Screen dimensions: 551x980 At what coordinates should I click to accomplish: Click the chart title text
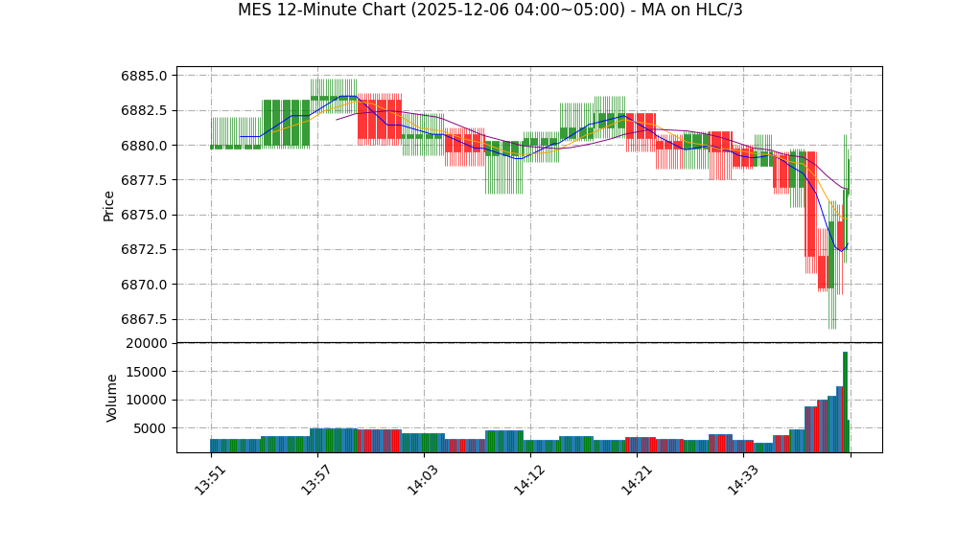pyautogui.click(x=490, y=11)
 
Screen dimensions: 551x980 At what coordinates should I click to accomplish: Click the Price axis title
pyautogui.click(x=109, y=205)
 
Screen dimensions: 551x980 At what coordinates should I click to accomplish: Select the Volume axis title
pyautogui.click(x=112, y=398)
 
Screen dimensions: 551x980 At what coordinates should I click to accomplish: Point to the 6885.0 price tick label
pyautogui.click(x=145, y=76)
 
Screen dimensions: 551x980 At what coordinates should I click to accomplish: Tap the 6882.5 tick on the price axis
pyautogui.click(x=145, y=110)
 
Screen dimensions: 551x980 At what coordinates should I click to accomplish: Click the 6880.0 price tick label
pyautogui.click(x=145, y=146)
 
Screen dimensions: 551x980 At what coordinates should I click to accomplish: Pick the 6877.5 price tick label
pyautogui.click(x=145, y=180)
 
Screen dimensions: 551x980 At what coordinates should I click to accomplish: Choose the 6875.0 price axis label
pyautogui.click(x=145, y=215)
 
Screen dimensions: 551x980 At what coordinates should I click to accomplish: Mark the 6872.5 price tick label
pyautogui.click(x=145, y=249)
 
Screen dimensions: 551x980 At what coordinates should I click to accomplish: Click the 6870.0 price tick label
pyautogui.click(x=145, y=285)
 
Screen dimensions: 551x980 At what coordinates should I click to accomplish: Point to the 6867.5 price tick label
pyautogui.click(x=145, y=319)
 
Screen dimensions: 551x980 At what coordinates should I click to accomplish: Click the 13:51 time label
pyautogui.click(x=210, y=479)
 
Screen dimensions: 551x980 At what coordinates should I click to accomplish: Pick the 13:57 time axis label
pyautogui.click(x=316, y=479)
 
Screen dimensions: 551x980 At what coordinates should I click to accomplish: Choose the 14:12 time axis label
pyautogui.click(x=529, y=479)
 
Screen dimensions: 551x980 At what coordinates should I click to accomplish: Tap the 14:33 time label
pyautogui.click(x=742, y=479)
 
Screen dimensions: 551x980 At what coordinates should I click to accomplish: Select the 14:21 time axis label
pyautogui.click(x=636, y=479)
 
